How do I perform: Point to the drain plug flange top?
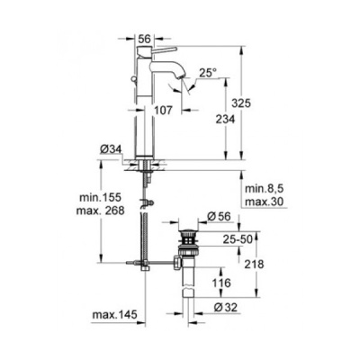tap(189, 232)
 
